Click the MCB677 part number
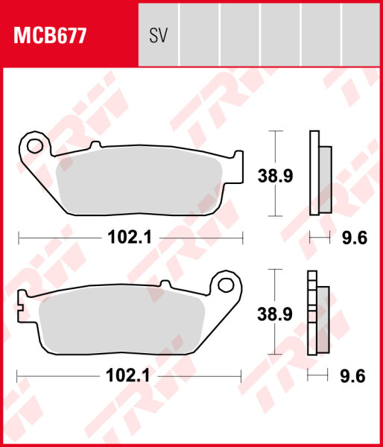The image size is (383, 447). click(x=47, y=35)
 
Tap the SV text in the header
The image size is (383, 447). click(x=158, y=35)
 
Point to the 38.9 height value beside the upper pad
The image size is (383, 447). click(x=275, y=175)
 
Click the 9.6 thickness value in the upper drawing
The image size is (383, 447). click(x=354, y=238)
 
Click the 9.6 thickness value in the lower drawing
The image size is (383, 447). click(x=354, y=376)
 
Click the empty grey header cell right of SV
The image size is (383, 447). click(x=200, y=35)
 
